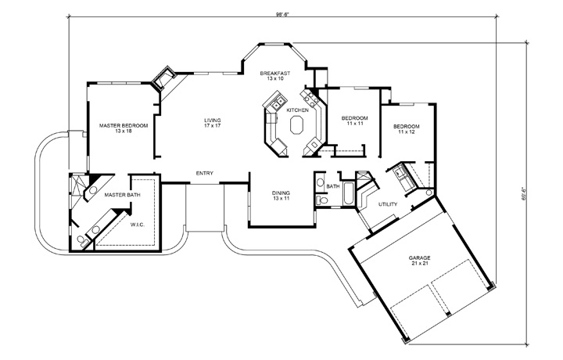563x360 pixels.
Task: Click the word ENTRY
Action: pos(205,174)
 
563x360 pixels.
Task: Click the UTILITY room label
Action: pos(388,205)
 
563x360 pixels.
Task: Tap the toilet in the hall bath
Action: pos(321,201)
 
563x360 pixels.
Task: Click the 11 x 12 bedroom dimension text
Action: pos(406,132)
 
